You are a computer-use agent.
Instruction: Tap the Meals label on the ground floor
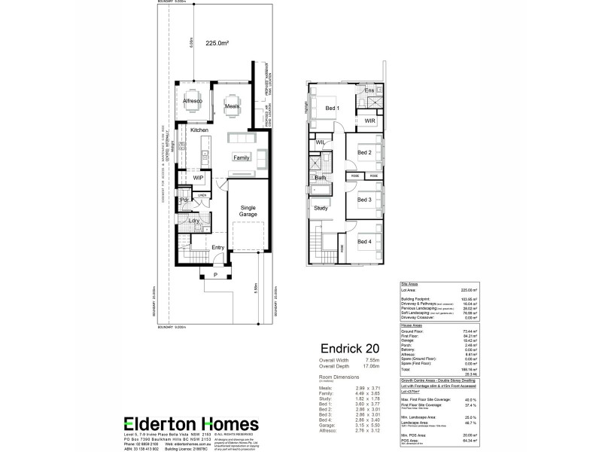click(x=232, y=107)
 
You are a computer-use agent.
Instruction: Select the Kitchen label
click(x=199, y=130)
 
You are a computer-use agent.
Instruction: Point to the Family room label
click(x=241, y=158)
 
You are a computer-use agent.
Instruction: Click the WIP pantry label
click(x=199, y=178)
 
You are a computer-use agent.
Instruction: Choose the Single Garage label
click(x=248, y=211)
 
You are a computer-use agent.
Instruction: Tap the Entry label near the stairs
click(x=218, y=246)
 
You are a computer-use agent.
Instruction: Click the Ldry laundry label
click(x=194, y=221)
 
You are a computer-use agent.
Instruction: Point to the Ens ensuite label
click(x=369, y=91)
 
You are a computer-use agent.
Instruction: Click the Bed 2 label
click(x=364, y=153)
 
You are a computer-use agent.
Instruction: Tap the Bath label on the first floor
click(x=320, y=179)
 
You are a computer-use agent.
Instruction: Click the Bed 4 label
click(x=364, y=242)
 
